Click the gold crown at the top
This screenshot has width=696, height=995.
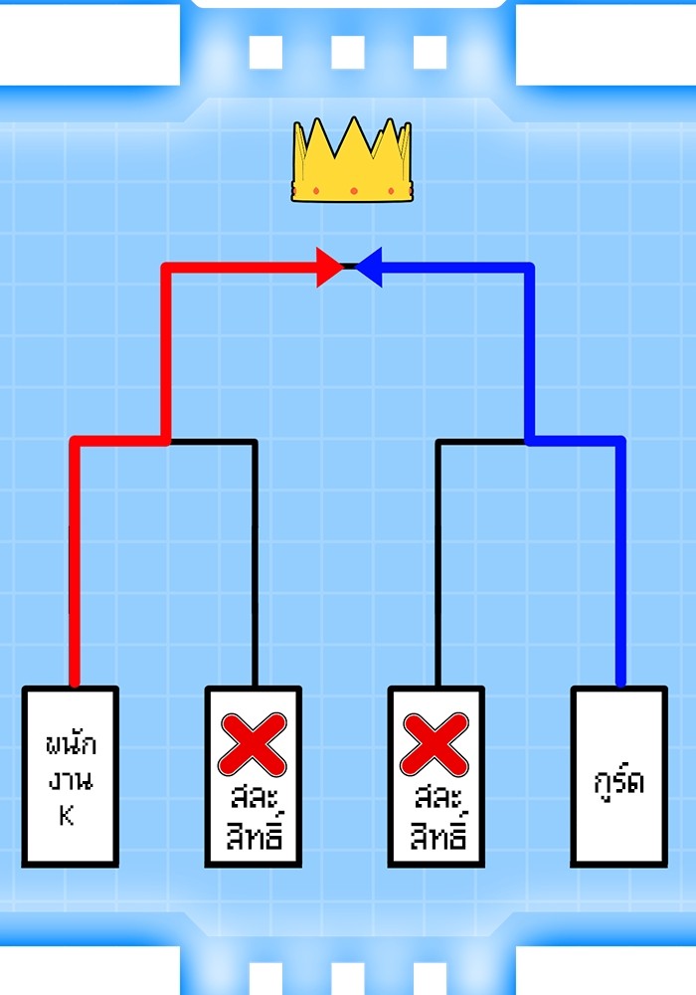351,164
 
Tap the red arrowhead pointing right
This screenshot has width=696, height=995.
329,267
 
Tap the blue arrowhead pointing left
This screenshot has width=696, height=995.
370,267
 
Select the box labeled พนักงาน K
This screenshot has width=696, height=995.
71,776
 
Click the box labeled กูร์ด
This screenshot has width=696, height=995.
618,776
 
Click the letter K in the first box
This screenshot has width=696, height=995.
68,817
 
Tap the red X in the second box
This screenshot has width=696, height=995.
253,744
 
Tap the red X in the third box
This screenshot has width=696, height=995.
435,744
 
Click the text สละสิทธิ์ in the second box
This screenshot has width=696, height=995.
254,817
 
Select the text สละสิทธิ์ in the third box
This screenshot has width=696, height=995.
435,817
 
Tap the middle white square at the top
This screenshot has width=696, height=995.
347,52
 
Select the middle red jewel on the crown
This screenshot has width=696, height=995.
351,190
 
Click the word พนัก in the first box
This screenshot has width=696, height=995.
71,746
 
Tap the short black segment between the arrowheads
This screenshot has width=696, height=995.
349,267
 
